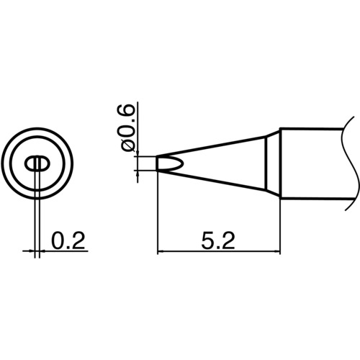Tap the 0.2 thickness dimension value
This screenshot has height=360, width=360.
coord(68,238)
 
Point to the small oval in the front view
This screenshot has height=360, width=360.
coord(37,164)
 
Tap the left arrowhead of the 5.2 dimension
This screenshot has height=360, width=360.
coord(161,251)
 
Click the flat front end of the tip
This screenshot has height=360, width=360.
coord(157,163)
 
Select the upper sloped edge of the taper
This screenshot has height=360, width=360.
coord(216,145)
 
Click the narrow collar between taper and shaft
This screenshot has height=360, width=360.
coord(272,163)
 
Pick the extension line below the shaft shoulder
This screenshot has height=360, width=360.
coord(279,223)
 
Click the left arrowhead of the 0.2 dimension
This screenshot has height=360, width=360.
coord(30,251)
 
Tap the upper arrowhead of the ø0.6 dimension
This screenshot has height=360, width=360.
coord(136,153)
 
